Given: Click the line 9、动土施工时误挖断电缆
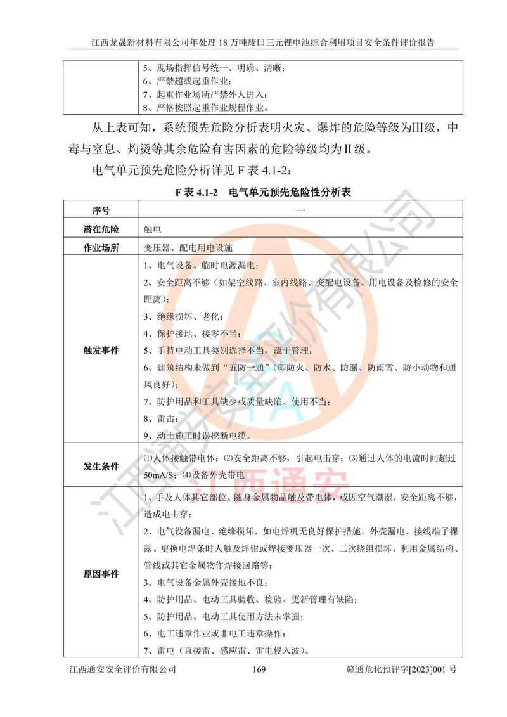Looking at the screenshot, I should coord(196,436).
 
